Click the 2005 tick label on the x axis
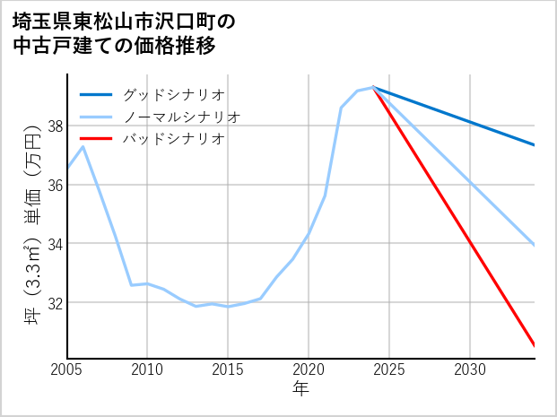click(66, 369)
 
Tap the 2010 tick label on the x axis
click(147, 369)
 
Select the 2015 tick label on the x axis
click(228, 369)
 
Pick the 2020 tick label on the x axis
click(309, 369)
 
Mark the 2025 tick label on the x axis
click(389, 369)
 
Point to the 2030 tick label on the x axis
click(470, 369)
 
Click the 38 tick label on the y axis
click(55, 126)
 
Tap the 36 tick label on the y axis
click(55, 185)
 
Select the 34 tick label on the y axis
click(55, 244)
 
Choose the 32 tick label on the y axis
click(55, 302)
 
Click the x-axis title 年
click(300, 389)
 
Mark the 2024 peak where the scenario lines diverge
click(373, 87)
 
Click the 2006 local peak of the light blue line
click(83, 146)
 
